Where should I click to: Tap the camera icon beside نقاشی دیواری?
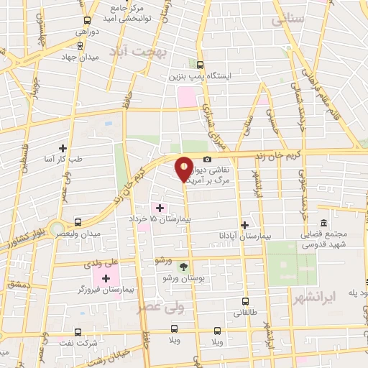[x=207, y=159]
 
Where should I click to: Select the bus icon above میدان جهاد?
[x=80, y=45]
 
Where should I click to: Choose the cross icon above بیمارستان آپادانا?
[x=245, y=224]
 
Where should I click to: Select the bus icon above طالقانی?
[x=245, y=301]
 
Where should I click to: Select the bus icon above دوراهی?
[x=88, y=21]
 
